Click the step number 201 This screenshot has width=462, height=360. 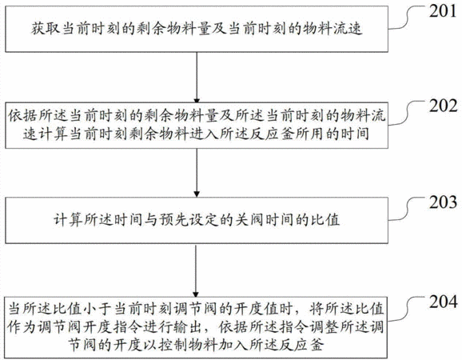pyautogui.click(x=443, y=11)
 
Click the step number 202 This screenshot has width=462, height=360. pyautogui.click(x=443, y=106)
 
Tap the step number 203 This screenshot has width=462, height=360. pyautogui.click(x=443, y=202)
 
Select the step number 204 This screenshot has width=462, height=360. pyautogui.click(x=443, y=302)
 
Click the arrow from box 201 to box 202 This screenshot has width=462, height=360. pyautogui.click(x=197, y=78)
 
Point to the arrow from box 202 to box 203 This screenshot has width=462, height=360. pyautogui.click(x=197, y=173)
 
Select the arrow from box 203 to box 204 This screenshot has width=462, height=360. pyautogui.click(x=196, y=270)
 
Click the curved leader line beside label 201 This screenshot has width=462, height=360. pyautogui.click(x=408, y=18)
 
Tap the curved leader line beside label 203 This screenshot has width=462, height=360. pyautogui.click(x=408, y=209)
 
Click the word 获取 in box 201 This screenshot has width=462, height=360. pyautogui.click(x=46, y=29)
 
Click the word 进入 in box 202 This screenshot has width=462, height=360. pyautogui.click(x=204, y=134)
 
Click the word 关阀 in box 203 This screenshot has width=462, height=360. pyautogui.click(x=250, y=220)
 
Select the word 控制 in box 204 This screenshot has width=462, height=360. pyautogui.click(x=173, y=345)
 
